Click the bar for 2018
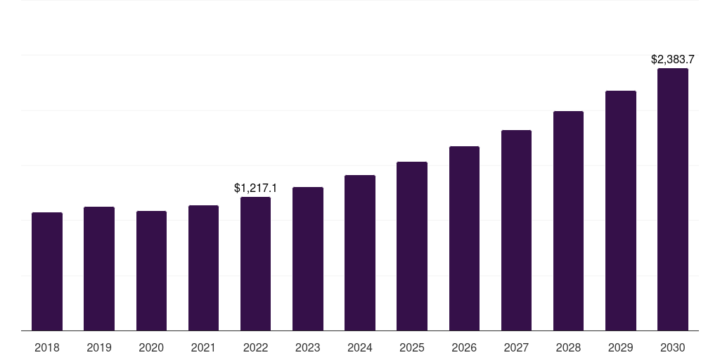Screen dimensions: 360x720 (x=47, y=271)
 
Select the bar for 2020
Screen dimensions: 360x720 (x=151, y=271)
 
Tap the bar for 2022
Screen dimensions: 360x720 (x=255, y=264)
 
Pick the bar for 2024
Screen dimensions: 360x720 (x=360, y=253)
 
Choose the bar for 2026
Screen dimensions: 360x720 (x=464, y=238)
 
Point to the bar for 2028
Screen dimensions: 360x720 (x=568, y=221)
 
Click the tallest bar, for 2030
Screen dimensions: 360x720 (x=672, y=200)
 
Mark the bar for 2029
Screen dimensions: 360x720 (x=620, y=211)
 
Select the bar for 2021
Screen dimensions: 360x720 (x=203, y=268)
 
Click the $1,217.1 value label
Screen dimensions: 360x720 (x=255, y=188)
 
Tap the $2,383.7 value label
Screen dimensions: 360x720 (x=672, y=59)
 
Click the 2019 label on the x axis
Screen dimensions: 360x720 (x=99, y=347)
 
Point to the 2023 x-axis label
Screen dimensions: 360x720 (x=307, y=347)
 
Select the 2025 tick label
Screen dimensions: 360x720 (x=412, y=347)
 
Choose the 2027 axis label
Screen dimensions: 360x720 (x=516, y=347)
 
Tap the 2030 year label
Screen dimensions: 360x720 (x=672, y=347)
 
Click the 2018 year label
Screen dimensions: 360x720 (x=47, y=347)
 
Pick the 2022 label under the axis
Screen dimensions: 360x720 (x=255, y=347)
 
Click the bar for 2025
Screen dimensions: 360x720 (x=412, y=246)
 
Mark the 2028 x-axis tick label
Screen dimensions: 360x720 (x=568, y=347)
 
